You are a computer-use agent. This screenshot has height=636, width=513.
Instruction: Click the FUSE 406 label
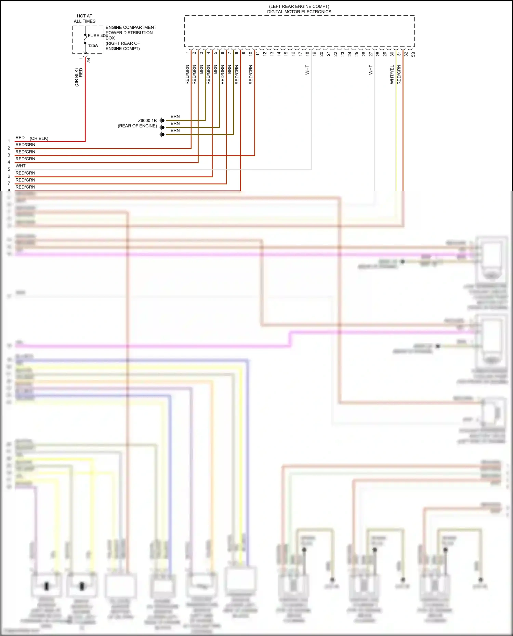pos(97,36)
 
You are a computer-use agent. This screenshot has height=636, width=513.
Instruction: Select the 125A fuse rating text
pos(93,45)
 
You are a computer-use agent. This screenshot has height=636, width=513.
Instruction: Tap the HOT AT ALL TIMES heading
pos(84,18)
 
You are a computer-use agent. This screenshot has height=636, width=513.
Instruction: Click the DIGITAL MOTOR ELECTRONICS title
pos(299,12)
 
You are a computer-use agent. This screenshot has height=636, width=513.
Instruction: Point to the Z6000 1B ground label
pos(147,121)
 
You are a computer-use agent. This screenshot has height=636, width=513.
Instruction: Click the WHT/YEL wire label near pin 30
pos(392,75)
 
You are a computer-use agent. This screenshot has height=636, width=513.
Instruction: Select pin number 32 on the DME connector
pos(406,54)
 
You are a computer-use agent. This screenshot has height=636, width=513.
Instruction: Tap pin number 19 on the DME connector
pos(314,54)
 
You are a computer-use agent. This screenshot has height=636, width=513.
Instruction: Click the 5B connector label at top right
pos(413,54)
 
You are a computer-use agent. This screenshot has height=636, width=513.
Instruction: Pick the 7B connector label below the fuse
pos(89,60)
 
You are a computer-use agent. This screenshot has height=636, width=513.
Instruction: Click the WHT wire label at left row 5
pos(21,166)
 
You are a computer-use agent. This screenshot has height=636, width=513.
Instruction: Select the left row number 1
pos(9,141)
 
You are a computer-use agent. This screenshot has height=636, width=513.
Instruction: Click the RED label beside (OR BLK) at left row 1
pos(20,138)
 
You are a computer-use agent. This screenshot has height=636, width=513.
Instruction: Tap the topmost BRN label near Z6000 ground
pos(175,117)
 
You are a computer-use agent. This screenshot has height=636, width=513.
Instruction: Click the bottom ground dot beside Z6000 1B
pos(163,135)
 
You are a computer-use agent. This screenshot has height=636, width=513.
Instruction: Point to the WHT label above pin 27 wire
pos(371,70)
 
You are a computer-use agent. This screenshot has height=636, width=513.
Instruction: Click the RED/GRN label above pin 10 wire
pos(251,75)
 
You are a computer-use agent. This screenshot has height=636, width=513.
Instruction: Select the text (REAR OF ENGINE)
pos(137,126)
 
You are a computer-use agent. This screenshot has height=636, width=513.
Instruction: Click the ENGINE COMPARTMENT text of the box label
pos(131,27)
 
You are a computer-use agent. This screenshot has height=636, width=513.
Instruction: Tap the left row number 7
pos(9,183)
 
